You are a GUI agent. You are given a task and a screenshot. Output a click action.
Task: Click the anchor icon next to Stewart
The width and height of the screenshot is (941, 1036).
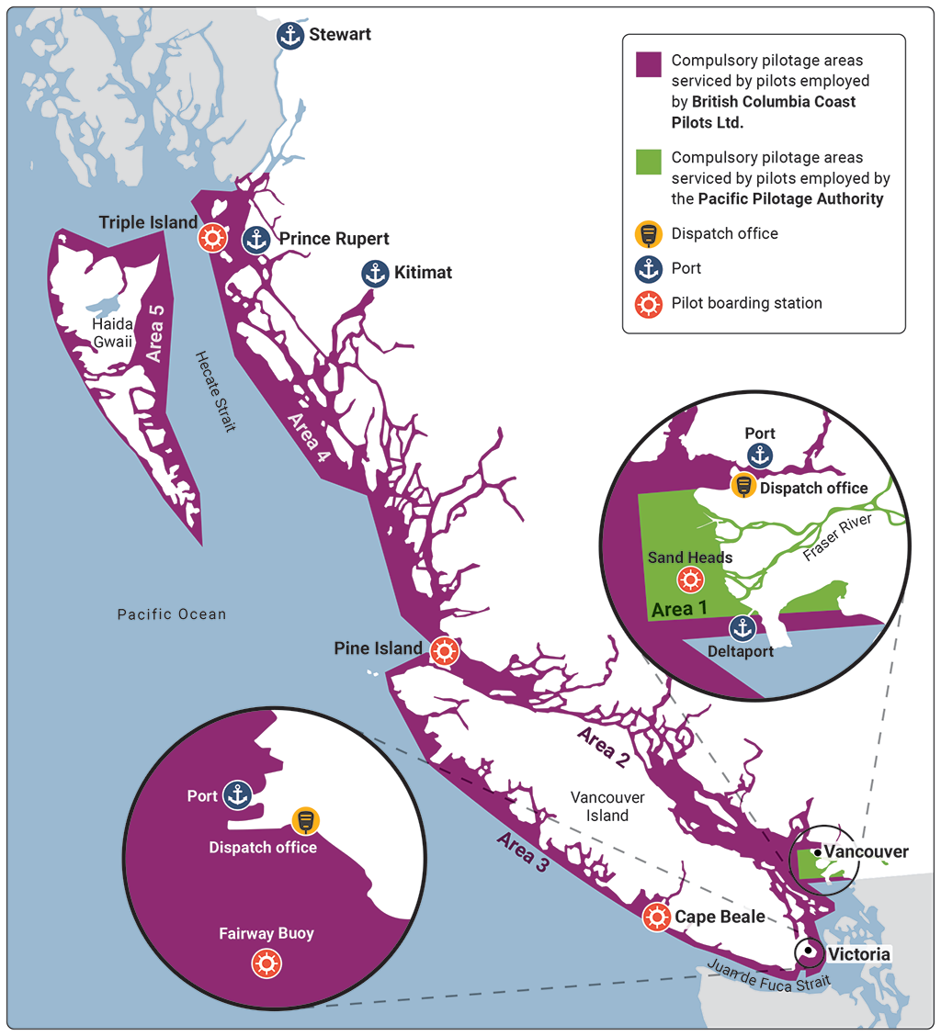[290, 36]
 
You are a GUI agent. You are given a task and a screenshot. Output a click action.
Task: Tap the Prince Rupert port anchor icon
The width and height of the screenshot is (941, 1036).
[255, 240]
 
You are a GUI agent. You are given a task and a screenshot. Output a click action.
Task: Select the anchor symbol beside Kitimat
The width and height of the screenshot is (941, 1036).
[374, 273]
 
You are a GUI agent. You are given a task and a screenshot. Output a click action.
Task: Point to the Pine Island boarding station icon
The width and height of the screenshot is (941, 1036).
[444, 650]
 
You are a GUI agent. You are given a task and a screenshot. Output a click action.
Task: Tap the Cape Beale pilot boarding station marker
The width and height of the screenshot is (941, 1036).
[655, 917]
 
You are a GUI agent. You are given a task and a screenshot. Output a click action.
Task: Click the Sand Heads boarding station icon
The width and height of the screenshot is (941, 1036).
[690, 580]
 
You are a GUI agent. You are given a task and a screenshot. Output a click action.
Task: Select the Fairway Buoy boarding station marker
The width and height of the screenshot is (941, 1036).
[266, 963]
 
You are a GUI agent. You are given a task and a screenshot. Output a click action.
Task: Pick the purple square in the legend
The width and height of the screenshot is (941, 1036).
[649, 64]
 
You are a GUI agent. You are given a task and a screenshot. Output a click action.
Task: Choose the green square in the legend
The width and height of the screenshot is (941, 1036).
[649, 161]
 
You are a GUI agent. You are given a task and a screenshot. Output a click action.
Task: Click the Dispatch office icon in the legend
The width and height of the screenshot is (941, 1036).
[649, 234]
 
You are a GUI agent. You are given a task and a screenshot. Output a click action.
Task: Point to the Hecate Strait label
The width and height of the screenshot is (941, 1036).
[215, 390]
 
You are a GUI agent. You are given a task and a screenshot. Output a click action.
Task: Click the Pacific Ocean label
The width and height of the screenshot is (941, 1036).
[171, 614]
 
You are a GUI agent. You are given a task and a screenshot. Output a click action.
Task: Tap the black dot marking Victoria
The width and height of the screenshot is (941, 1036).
[810, 952]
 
